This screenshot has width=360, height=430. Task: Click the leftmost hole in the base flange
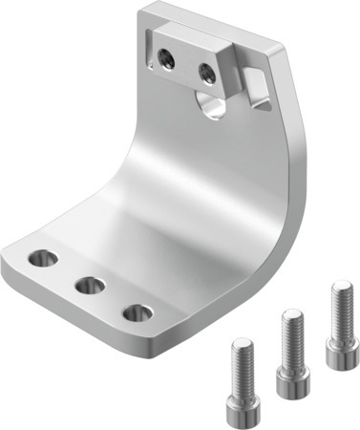[43, 257]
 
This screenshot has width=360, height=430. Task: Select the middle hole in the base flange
[90, 285]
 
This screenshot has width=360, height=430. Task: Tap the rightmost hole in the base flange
[138, 312]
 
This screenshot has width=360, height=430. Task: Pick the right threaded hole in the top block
[205, 71]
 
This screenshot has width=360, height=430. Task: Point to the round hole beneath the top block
[212, 103]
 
